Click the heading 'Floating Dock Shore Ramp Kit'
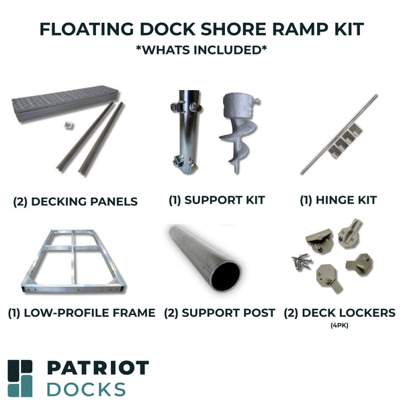(x=201, y=30)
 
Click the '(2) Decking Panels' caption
(x=75, y=201)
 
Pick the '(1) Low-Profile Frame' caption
(x=81, y=313)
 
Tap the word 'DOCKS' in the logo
(x=85, y=389)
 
